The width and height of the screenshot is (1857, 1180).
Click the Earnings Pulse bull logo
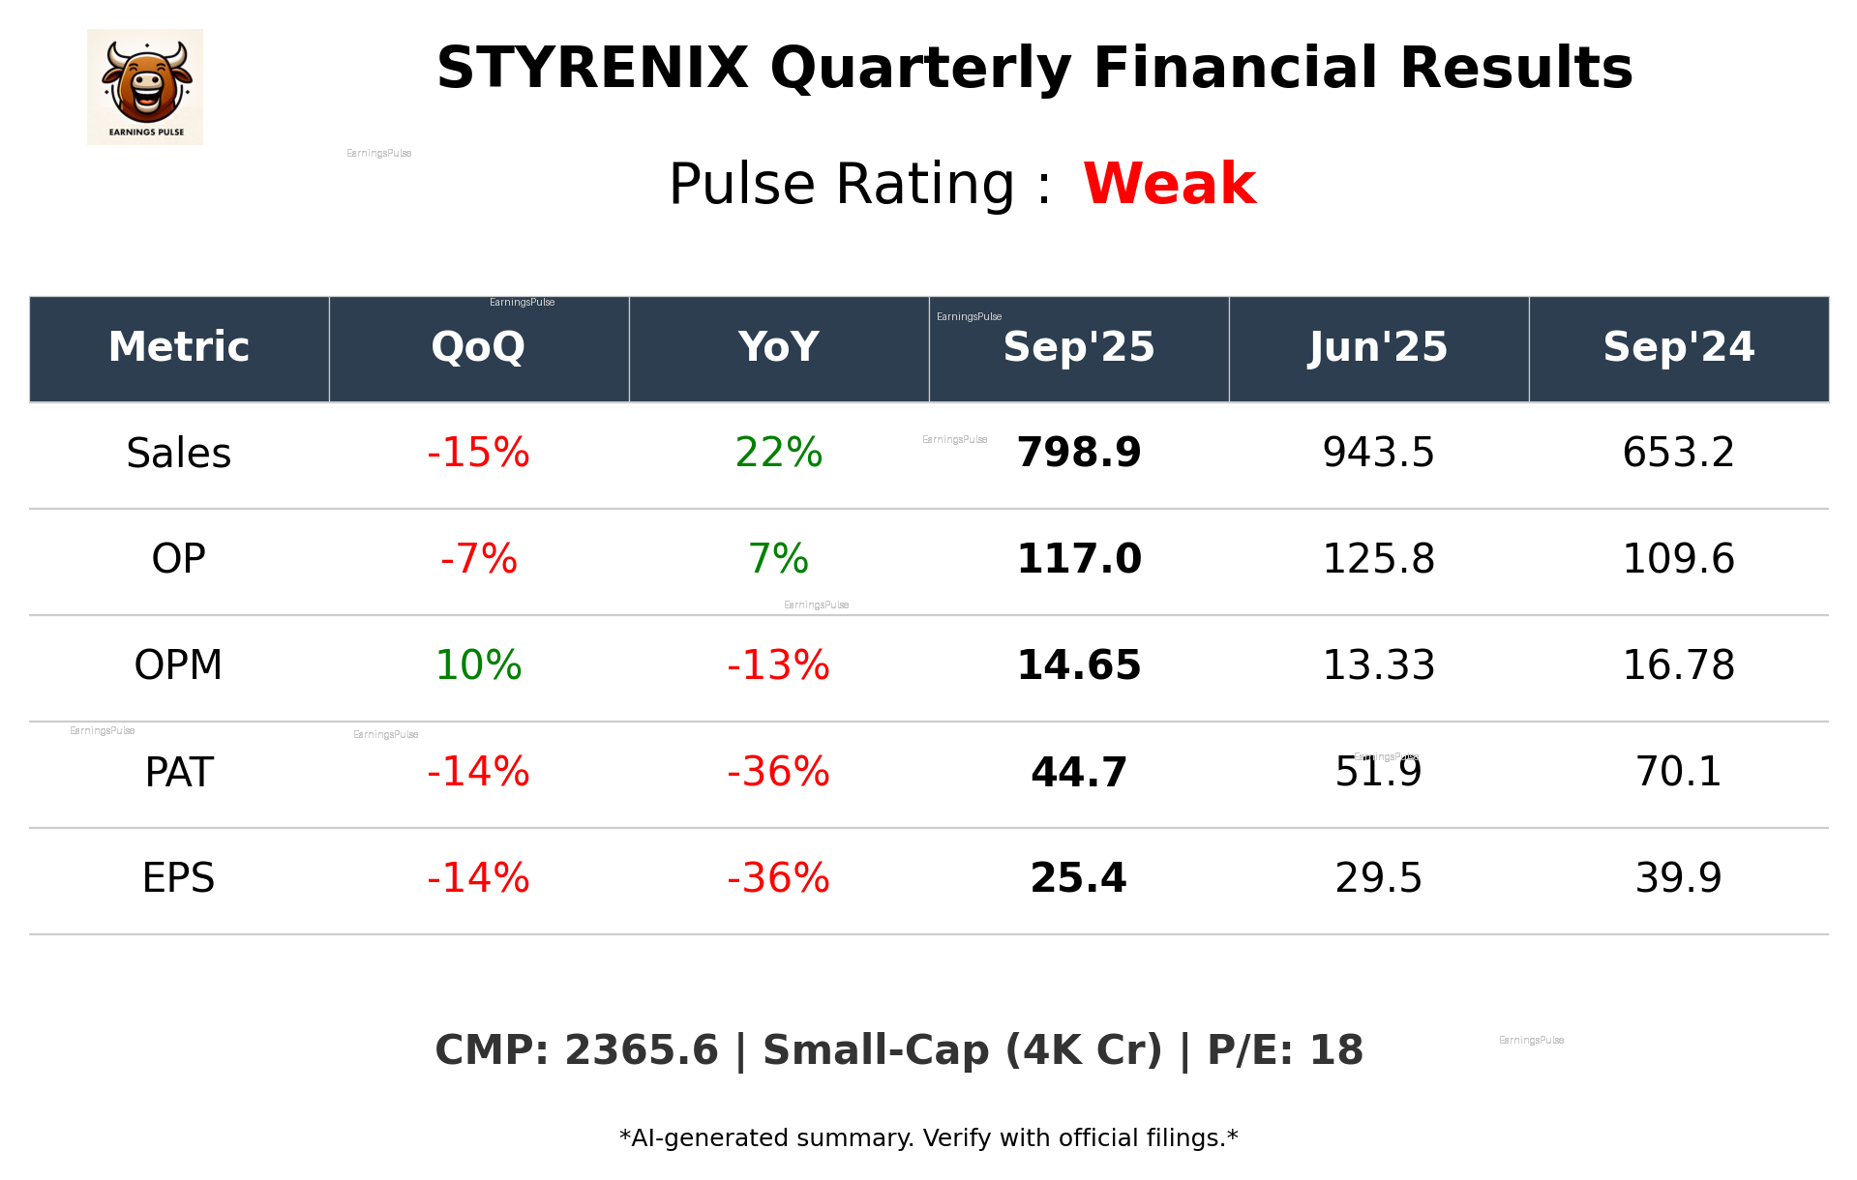click(145, 86)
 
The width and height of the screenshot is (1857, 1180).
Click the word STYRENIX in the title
click(592, 69)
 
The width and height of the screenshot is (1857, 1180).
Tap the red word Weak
click(1169, 184)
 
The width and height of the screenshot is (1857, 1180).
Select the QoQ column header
click(478, 347)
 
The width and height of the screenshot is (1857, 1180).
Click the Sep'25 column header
click(1078, 347)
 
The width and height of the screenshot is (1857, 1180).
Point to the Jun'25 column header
click(1378, 347)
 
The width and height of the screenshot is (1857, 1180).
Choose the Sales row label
click(179, 454)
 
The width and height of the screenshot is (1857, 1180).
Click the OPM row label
click(179, 665)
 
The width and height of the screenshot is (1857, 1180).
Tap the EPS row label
click(179, 878)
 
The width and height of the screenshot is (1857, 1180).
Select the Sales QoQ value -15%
click(478, 453)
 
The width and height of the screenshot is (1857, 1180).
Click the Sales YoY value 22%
click(778, 453)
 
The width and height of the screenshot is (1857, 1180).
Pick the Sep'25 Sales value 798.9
click(1078, 453)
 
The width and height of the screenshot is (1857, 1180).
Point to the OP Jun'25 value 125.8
click(1378, 559)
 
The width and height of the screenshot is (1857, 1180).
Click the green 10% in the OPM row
click(478, 665)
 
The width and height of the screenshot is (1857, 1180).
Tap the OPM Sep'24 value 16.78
click(1678, 665)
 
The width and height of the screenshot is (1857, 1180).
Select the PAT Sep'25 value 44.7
click(1078, 772)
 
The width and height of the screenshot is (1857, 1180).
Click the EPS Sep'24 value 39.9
click(1678, 878)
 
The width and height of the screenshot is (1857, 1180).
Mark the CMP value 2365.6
click(642, 1050)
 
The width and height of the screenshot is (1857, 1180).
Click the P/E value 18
click(1336, 1050)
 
